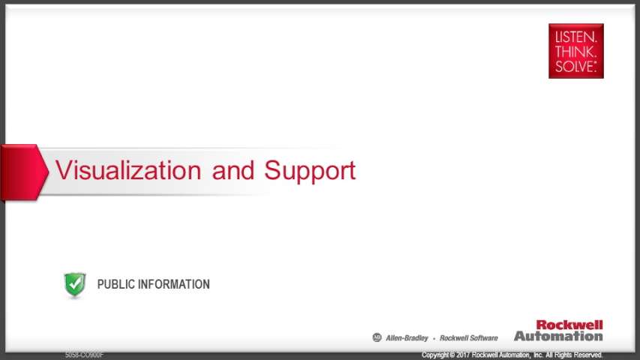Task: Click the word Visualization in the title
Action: [128, 169]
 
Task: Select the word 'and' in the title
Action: [233, 169]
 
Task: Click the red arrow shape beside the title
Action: [25, 172]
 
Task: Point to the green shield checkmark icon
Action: [75, 284]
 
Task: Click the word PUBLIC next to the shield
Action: [116, 284]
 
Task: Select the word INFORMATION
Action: [174, 284]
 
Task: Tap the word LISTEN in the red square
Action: [575, 37]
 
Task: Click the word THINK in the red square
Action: [575, 52]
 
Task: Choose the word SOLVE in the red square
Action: [575, 67]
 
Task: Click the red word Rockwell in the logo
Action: [569, 325]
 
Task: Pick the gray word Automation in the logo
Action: [558, 336]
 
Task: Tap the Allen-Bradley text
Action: [407, 338]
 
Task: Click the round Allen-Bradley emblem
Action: [377, 337]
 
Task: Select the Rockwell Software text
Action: [469, 338]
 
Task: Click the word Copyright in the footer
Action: [435, 355]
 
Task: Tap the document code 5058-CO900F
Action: [84, 355]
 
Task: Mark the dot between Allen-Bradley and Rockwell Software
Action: [434, 338]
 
